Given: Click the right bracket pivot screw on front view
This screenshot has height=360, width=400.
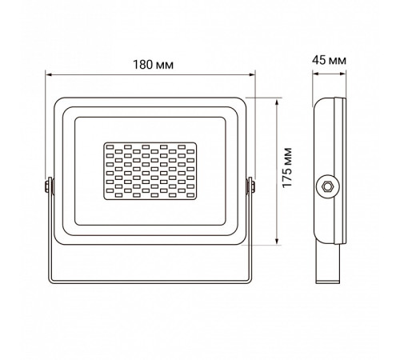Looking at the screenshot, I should tap(250, 186).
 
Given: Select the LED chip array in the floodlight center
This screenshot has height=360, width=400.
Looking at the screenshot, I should tap(150, 170).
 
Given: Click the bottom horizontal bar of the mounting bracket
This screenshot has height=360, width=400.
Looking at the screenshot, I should tap(150, 282).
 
